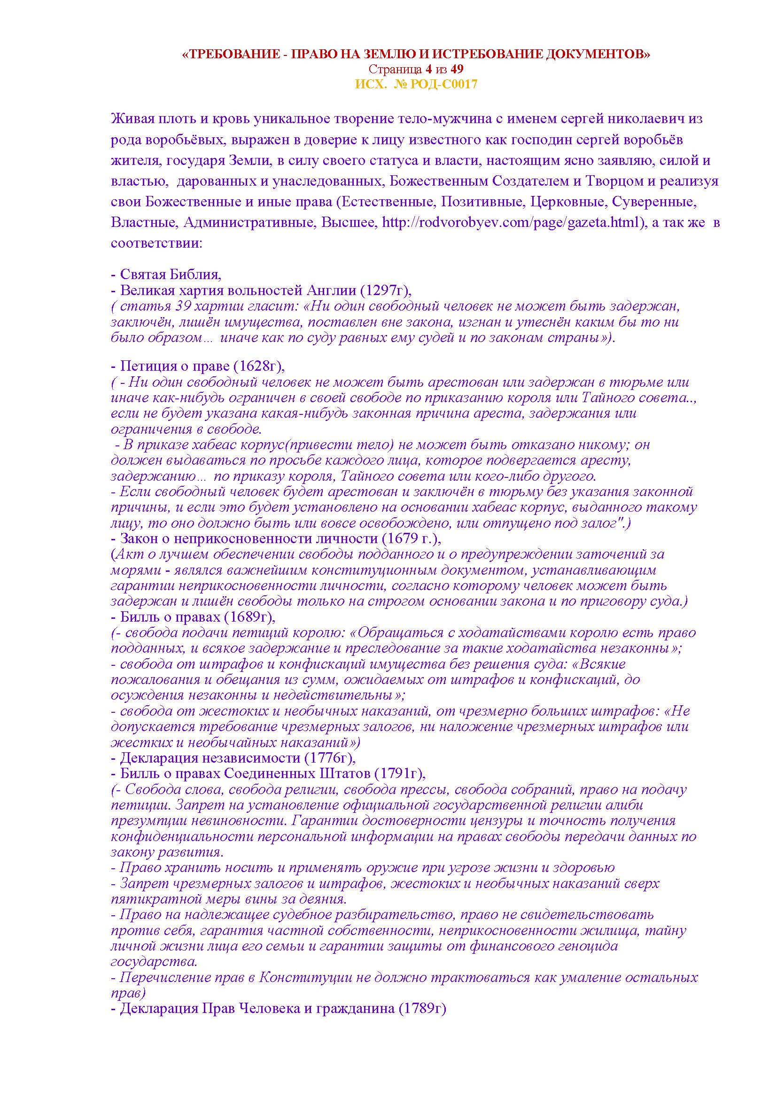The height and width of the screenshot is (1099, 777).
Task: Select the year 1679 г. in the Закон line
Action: click(x=411, y=538)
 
